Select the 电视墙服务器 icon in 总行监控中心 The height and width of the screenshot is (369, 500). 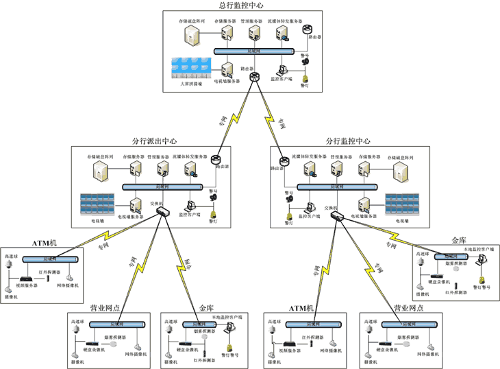[x=228, y=69]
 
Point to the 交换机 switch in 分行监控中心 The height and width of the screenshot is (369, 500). [x=338, y=216]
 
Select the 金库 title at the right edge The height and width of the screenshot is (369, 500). [x=458, y=240]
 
